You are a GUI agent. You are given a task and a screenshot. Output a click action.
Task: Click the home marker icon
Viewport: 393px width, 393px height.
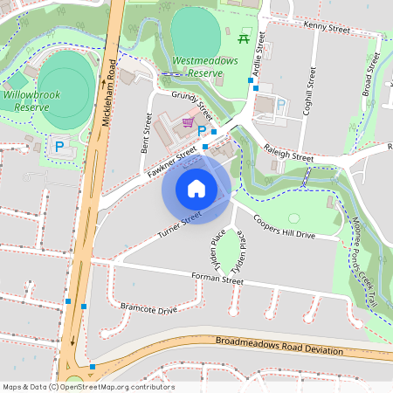click(196, 188)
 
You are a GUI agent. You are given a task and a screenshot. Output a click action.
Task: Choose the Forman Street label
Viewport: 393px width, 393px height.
click(217, 279)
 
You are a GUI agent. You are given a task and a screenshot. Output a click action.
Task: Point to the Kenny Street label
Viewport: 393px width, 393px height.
click(326, 26)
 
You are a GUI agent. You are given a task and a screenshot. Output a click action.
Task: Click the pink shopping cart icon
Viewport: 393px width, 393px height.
click(187, 122)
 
